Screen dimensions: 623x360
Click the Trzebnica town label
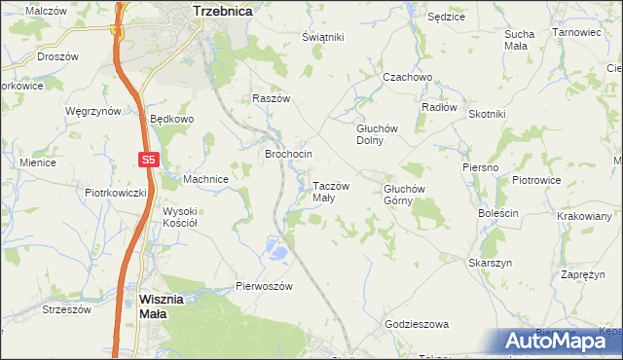(223, 10)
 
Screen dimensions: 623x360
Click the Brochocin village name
(289, 155)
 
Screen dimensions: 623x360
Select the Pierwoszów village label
(265, 286)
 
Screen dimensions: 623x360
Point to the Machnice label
(205, 179)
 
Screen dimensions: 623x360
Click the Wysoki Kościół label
(180, 217)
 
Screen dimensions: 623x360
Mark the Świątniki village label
(323, 37)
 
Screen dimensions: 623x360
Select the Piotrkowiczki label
(115, 193)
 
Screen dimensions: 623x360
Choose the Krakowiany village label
(584, 217)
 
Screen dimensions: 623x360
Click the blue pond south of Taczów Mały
(278, 253)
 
